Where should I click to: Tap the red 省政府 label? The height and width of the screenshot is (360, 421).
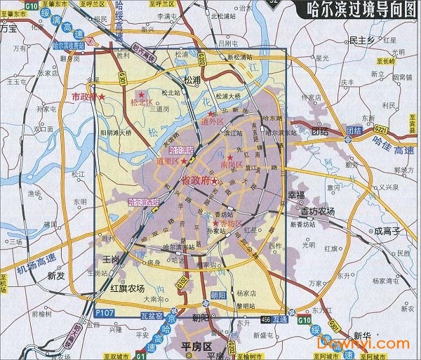(196, 181)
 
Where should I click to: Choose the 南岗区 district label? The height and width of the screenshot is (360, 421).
(231, 165)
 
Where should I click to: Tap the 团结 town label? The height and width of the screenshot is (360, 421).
(319, 131)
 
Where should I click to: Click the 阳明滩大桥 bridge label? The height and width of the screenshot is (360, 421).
(116, 131)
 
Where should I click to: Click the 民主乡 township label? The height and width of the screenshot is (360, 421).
(362, 41)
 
